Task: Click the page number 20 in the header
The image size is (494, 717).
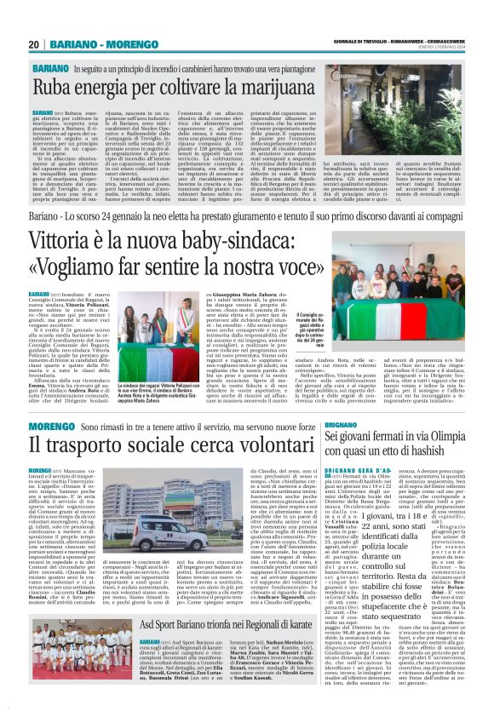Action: (x=33, y=44)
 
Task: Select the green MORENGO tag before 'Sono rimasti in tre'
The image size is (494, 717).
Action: (x=51, y=425)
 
